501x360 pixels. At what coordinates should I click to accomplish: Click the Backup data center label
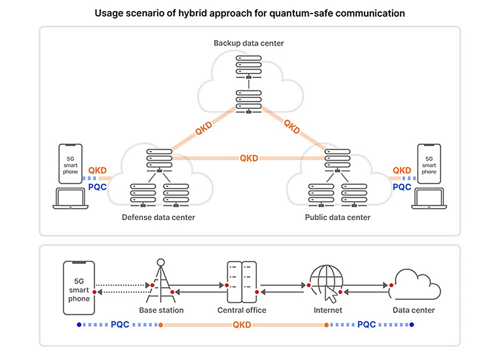(248, 43)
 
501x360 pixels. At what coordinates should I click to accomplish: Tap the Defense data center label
(158, 218)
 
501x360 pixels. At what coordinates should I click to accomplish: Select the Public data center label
(338, 218)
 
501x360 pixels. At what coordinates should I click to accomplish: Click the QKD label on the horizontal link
(249, 158)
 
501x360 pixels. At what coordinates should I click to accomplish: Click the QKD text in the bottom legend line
(242, 325)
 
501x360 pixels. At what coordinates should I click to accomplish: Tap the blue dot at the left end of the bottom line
(79, 325)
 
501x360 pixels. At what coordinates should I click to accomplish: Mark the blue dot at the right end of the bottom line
(412, 325)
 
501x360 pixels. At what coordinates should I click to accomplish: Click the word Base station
(161, 310)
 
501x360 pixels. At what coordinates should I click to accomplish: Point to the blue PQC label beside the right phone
(402, 187)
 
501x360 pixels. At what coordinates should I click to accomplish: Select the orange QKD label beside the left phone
(97, 170)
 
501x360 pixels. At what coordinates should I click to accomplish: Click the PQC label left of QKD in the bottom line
(120, 325)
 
